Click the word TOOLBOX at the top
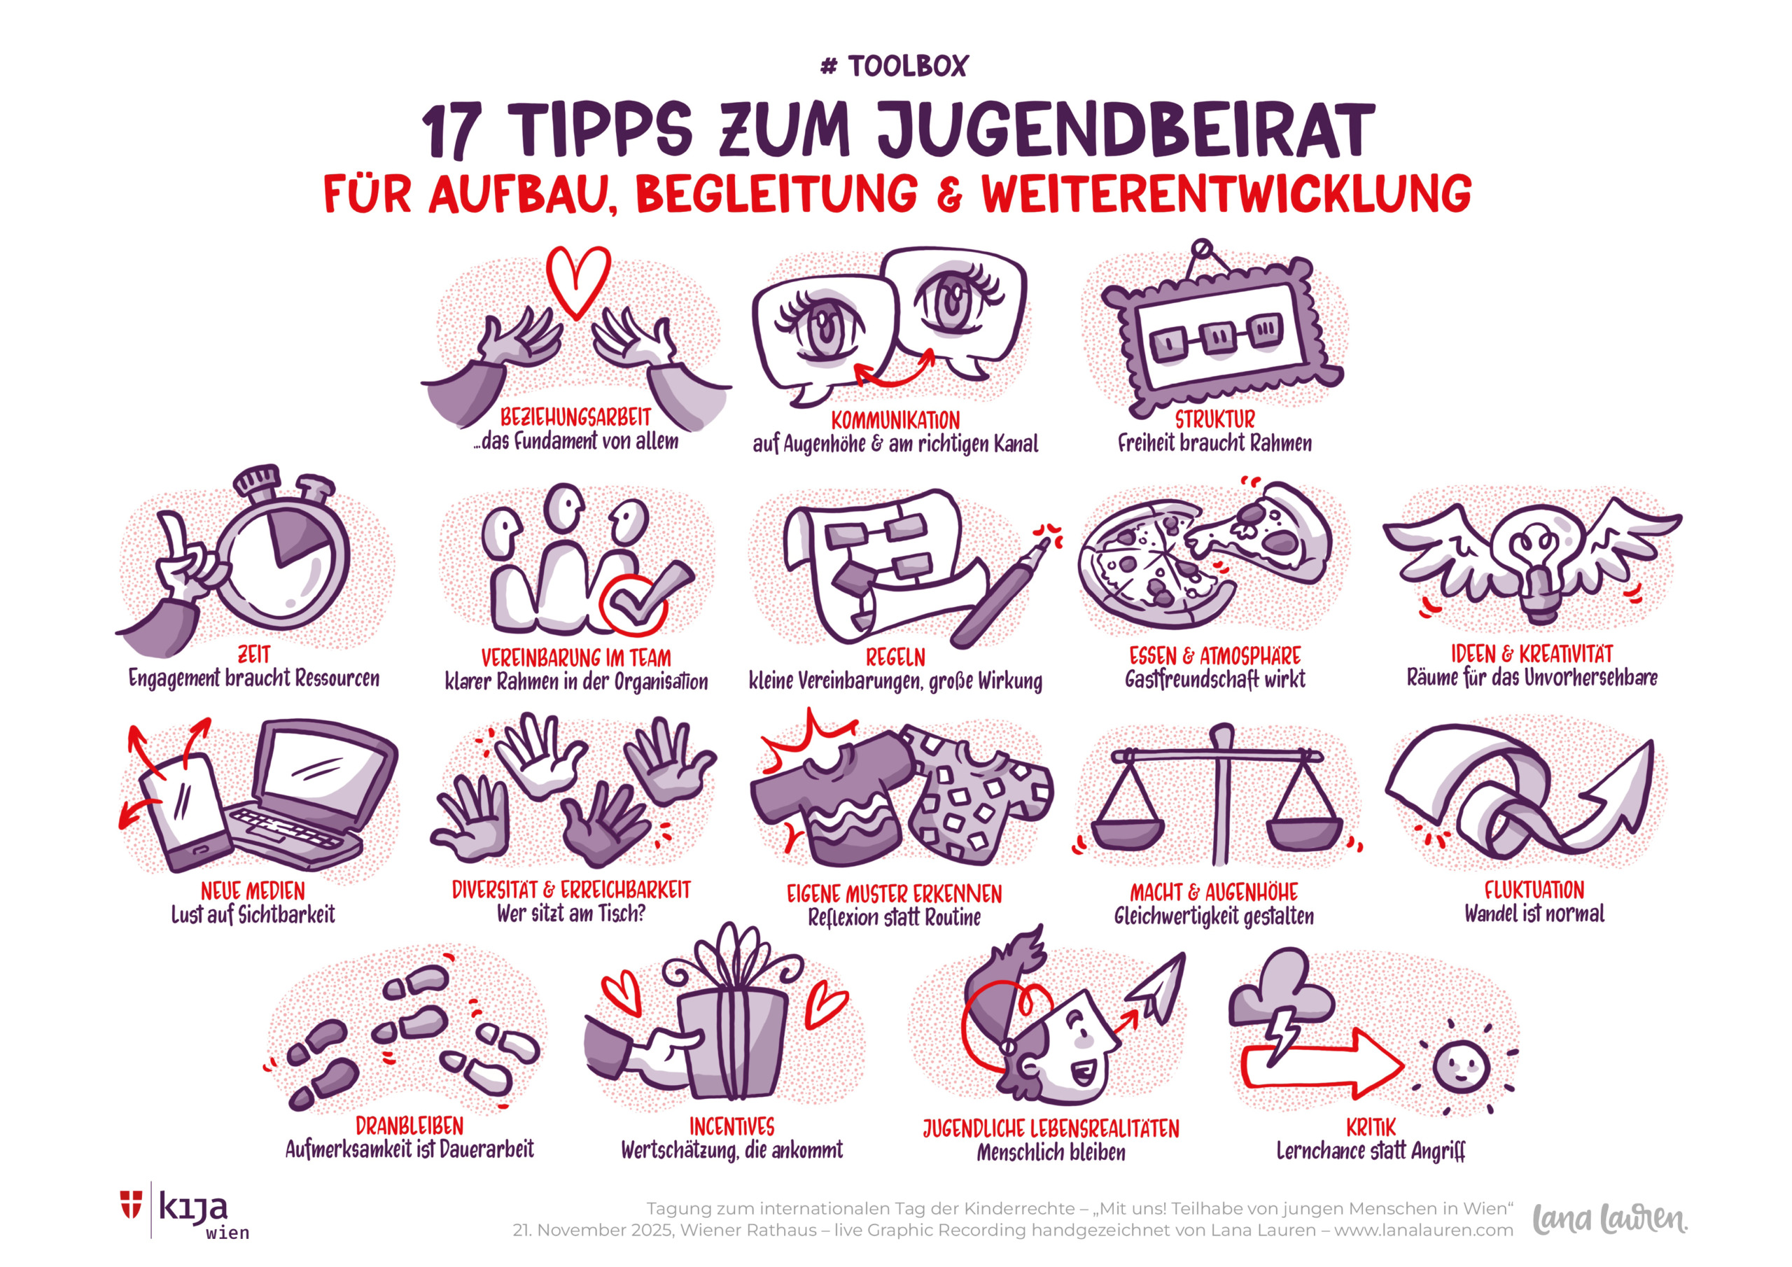click(908, 66)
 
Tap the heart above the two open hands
click(577, 281)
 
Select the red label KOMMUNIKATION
click(895, 420)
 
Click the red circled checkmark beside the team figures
click(633, 603)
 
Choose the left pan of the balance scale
click(1127, 832)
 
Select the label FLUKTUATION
click(1534, 890)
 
